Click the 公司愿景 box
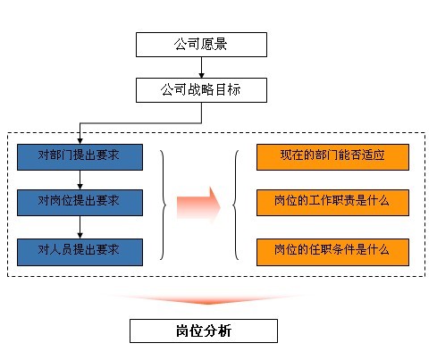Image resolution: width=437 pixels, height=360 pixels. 200,43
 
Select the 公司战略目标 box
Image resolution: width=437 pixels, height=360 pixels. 200,89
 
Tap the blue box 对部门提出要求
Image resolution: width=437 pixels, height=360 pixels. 80,156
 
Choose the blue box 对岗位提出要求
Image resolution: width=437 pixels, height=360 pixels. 80,199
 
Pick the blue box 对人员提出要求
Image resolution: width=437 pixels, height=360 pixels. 80,247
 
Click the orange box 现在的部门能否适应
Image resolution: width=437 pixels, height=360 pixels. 332,156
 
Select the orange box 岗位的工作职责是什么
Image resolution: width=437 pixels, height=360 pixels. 332,199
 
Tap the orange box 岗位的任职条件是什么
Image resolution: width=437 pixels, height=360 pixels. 332,247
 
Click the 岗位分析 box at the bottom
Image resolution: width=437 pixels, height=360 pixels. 203,331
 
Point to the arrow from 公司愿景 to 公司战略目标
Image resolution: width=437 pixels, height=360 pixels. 201,67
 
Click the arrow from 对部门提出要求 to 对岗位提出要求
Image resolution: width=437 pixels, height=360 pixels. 80,178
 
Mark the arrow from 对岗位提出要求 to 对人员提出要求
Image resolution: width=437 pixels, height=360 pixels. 80,223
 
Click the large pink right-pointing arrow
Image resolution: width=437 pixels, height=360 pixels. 198,203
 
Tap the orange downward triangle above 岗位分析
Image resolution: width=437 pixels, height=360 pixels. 203,299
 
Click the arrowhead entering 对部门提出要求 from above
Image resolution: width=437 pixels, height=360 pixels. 80,138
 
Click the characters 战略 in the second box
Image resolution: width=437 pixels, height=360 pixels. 200,89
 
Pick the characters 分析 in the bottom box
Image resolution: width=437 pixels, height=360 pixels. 217,331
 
